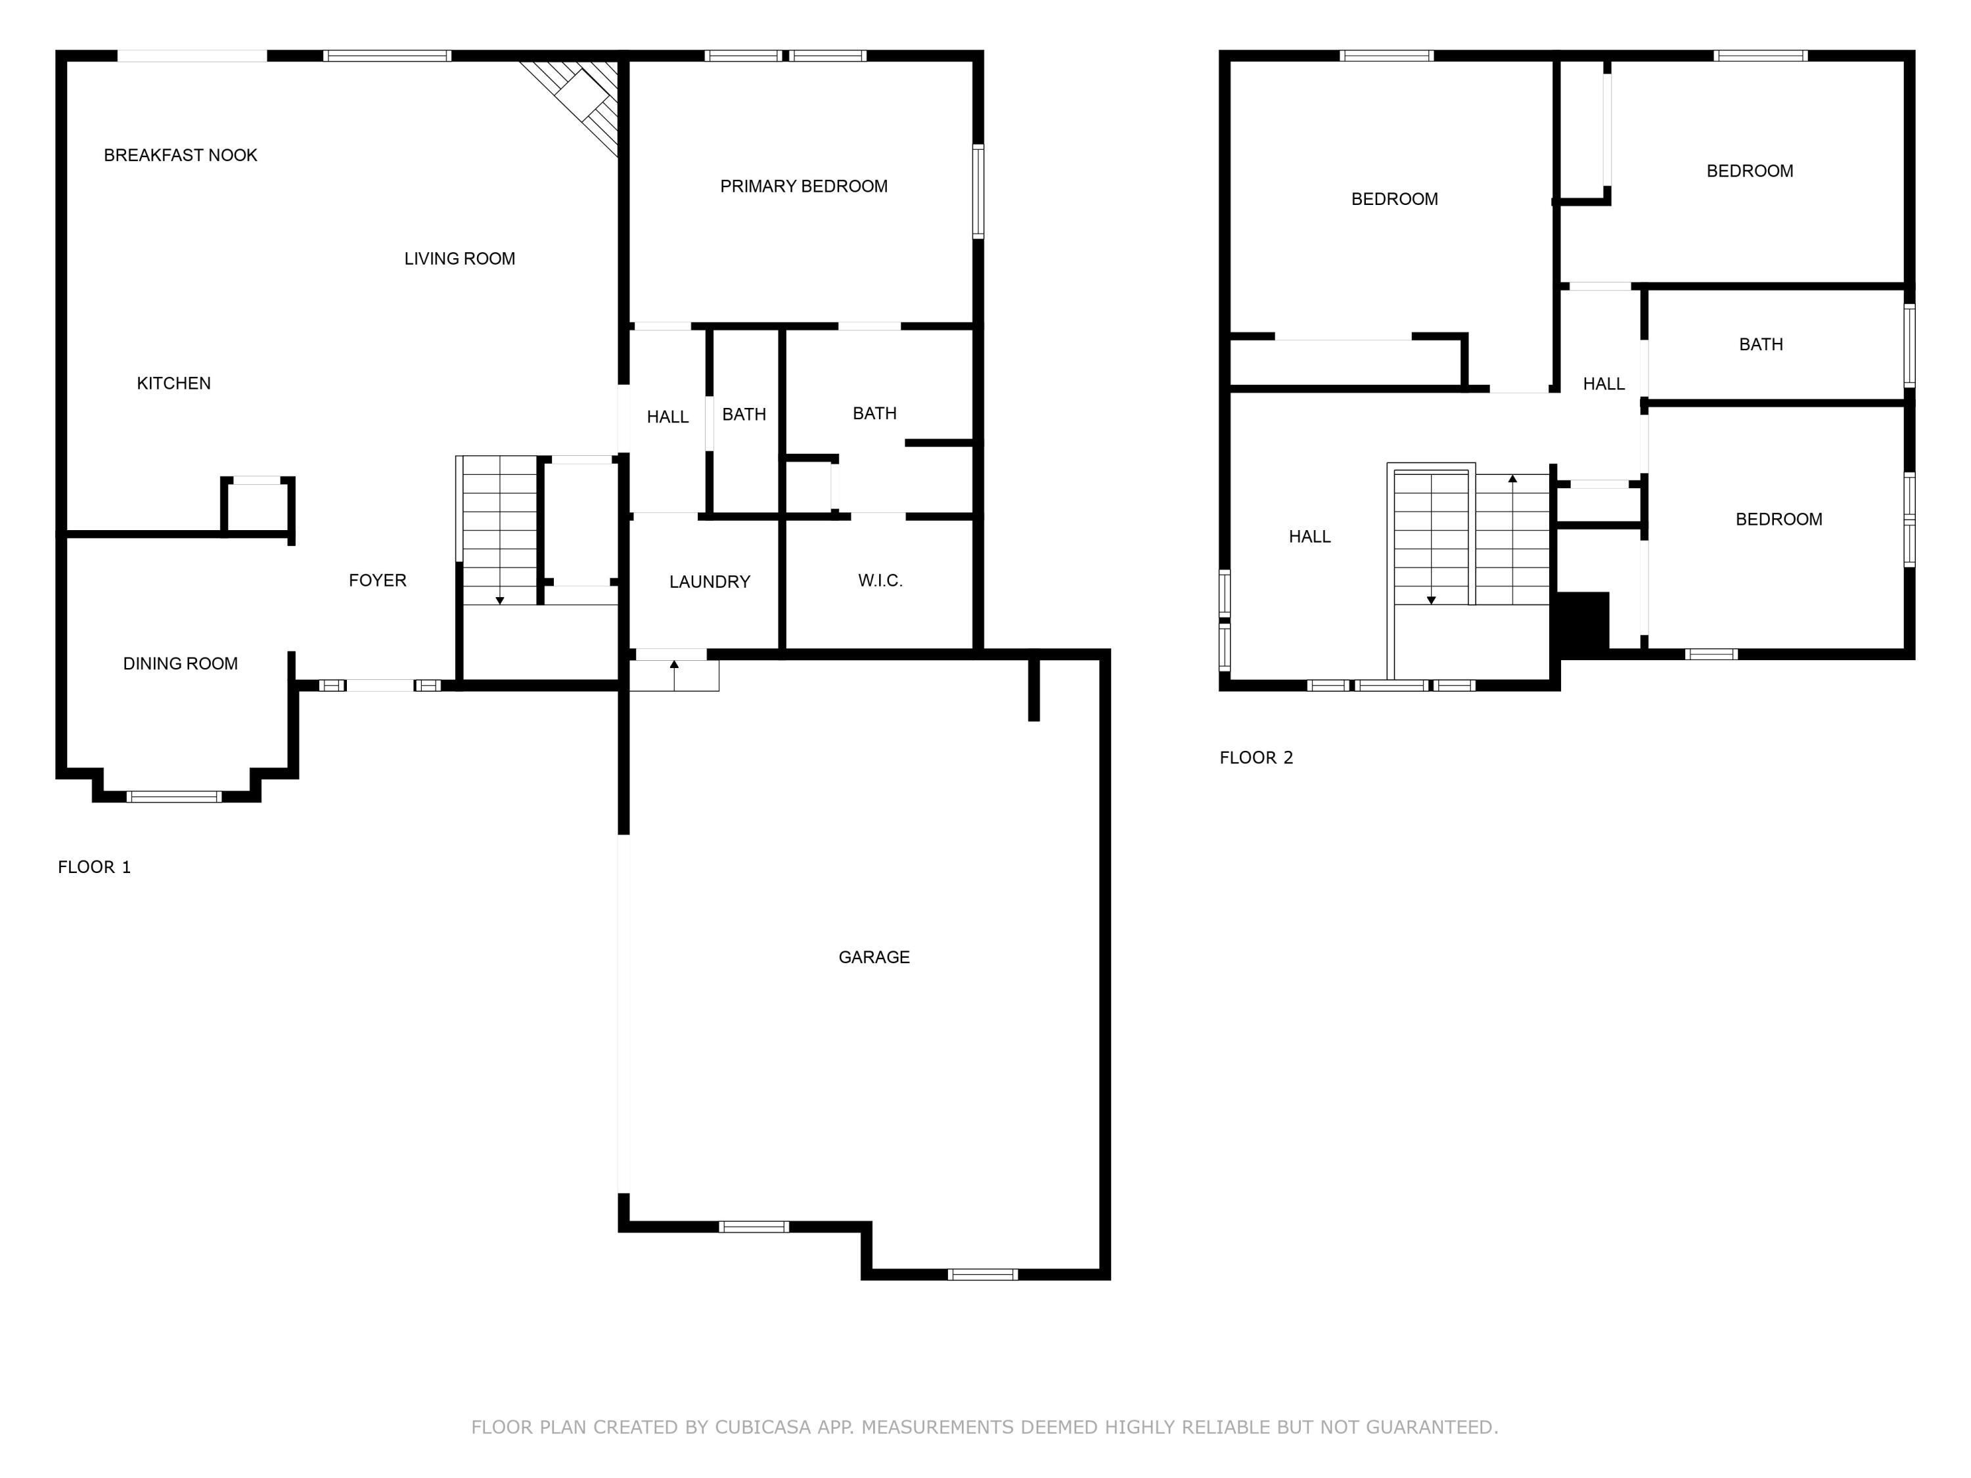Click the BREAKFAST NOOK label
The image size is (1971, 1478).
pyautogui.click(x=180, y=155)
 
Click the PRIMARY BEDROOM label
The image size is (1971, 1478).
pyautogui.click(x=803, y=186)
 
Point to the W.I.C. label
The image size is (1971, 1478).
pyautogui.click(x=880, y=581)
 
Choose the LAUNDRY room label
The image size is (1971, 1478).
pyautogui.click(x=710, y=582)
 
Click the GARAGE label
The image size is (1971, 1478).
pyautogui.click(x=873, y=957)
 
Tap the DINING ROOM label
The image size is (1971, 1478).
pyautogui.click(x=180, y=663)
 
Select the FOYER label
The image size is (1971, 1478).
pyautogui.click(x=377, y=581)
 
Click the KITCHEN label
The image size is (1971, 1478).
pyautogui.click(x=173, y=383)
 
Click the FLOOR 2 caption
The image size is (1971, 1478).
pyautogui.click(x=1256, y=757)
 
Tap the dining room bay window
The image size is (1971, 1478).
pyautogui.click(x=173, y=796)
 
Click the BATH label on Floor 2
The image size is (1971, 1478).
pyautogui.click(x=1760, y=344)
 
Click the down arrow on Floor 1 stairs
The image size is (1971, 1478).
pyautogui.click(x=500, y=600)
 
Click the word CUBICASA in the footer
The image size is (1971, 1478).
pyautogui.click(x=763, y=1427)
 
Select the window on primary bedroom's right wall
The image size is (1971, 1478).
pyautogui.click(x=978, y=192)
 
